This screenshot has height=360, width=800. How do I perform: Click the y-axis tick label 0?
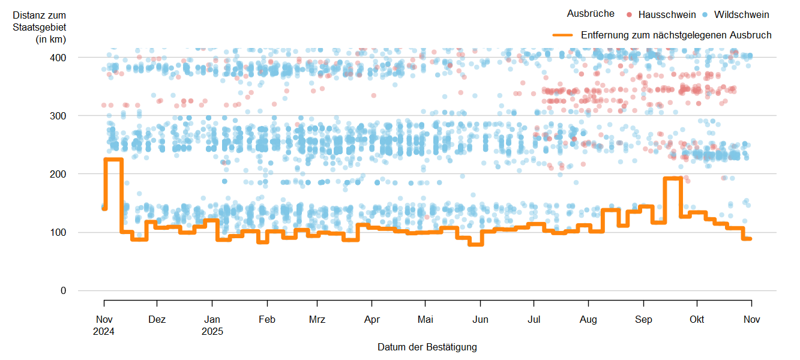[x=64, y=291]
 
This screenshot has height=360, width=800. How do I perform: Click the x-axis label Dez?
[x=157, y=320]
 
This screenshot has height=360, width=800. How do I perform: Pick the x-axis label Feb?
[x=267, y=320]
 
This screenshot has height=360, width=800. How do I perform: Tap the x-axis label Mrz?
[x=317, y=320]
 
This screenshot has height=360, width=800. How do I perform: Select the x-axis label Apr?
[x=371, y=320]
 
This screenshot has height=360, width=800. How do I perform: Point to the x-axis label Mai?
[x=425, y=320]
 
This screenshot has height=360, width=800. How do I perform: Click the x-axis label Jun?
[x=480, y=320]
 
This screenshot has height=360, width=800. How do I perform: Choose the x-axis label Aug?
[x=589, y=320]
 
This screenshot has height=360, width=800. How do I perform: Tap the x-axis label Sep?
[x=643, y=320]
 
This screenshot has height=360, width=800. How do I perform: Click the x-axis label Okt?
[x=697, y=320]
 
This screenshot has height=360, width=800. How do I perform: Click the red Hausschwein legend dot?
[x=628, y=14]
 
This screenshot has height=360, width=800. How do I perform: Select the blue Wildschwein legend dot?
[x=704, y=14]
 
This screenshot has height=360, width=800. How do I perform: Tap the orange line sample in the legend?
[x=564, y=35]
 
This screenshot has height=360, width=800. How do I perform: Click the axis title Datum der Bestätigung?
[x=427, y=347]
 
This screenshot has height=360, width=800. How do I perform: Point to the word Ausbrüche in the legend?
[x=591, y=14]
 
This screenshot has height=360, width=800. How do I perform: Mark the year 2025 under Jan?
[x=212, y=331]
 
